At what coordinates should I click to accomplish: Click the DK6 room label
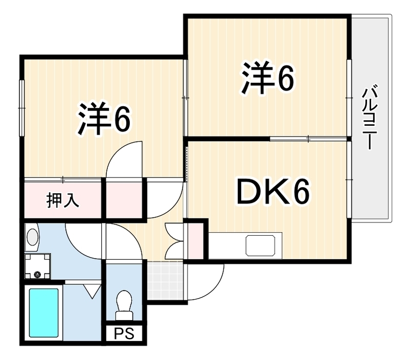coord(273,192)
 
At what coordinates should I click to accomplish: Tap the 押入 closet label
coord(62,200)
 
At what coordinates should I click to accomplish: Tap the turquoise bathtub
coord(43,312)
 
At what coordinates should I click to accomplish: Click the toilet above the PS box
coord(124,305)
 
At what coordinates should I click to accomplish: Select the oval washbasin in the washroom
coord(33,237)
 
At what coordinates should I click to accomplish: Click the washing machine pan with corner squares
coord(37,266)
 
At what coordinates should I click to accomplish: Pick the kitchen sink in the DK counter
coord(260,245)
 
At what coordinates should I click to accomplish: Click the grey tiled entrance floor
coord(165,280)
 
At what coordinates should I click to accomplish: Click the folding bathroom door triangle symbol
coord(92,291)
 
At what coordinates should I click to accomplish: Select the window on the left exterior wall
coord(21,108)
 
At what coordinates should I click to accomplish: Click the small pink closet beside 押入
coord(124,200)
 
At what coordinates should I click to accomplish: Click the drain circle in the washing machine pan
coord(37,274)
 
